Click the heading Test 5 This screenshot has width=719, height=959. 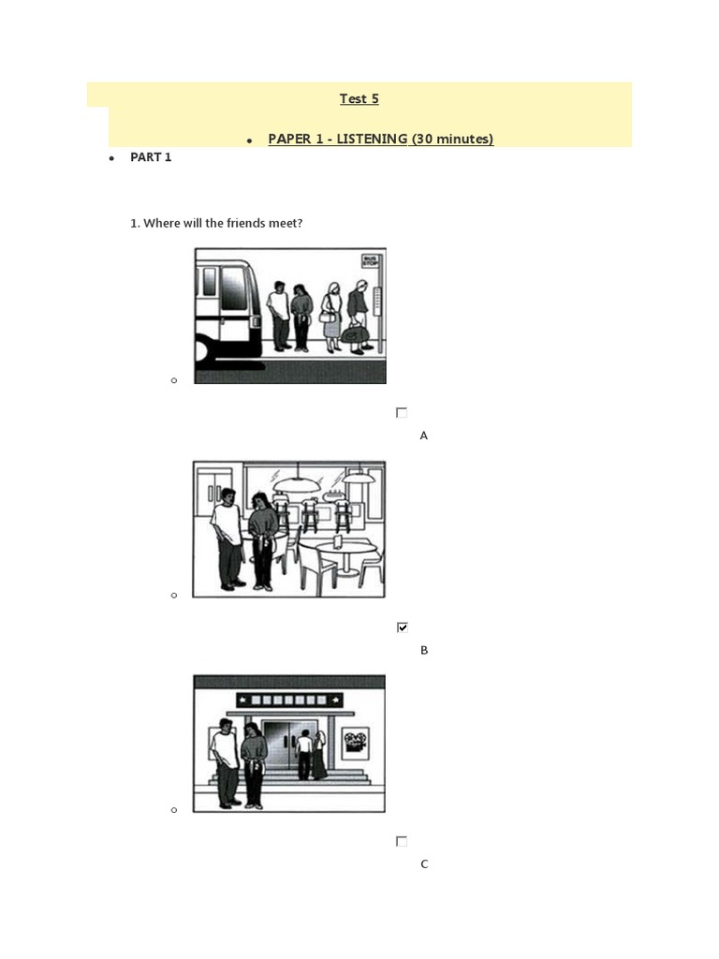[x=359, y=98]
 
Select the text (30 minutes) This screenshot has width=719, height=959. [x=452, y=139]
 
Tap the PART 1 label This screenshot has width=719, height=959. [x=151, y=157]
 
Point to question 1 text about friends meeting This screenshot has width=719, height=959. [x=216, y=223]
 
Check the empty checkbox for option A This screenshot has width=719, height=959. [x=402, y=413]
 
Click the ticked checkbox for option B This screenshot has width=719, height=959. [x=403, y=627]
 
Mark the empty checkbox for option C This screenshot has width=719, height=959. [x=402, y=842]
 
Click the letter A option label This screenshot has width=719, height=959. [x=424, y=435]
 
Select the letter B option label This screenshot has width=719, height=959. [x=424, y=650]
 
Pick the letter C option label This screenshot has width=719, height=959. [x=424, y=864]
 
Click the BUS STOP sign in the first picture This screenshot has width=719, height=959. [x=371, y=261]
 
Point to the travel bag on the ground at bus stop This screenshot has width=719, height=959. [x=355, y=334]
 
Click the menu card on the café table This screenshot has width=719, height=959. [x=338, y=540]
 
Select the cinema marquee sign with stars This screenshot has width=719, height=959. [x=289, y=700]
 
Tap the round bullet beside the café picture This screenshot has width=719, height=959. [x=174, y=595]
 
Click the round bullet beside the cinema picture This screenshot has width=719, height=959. [x=174, y=810]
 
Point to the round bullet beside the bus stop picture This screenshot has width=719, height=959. [x=174, y=380]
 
